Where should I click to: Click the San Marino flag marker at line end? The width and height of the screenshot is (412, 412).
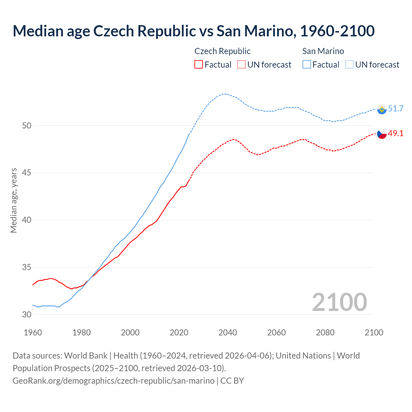382,109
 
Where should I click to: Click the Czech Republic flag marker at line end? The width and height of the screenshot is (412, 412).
382,134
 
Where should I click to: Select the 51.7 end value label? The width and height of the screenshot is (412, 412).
396,109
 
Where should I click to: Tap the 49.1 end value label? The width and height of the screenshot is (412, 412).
396,133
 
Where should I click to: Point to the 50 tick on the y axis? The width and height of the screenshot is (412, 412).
27,126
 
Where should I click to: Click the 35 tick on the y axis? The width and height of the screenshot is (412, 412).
27,267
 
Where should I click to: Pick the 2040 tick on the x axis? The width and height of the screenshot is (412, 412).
228,332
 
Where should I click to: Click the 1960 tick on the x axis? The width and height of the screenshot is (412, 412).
33,332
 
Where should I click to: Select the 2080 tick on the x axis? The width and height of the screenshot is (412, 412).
325,332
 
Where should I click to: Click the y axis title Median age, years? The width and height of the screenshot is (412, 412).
14,200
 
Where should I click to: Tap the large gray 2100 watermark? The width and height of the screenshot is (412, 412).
339,302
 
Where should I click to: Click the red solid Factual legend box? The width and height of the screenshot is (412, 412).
199,65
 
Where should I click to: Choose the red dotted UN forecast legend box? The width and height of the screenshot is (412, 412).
241,65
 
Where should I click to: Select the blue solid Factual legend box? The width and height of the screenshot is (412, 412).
307,65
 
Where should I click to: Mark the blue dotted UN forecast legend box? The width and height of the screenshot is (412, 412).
350,65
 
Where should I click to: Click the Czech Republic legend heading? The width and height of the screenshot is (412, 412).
222,51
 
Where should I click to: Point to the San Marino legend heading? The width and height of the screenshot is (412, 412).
323,51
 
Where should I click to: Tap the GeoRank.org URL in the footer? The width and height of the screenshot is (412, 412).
113,381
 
